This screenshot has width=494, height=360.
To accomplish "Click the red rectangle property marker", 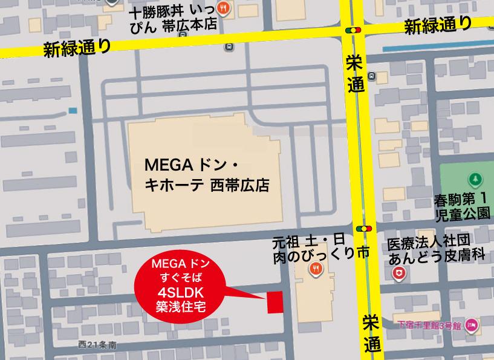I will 275,302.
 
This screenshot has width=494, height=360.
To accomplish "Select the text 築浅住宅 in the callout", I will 178,307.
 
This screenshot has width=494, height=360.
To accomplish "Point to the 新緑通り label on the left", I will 77,47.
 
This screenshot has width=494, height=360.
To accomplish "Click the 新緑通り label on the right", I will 438,25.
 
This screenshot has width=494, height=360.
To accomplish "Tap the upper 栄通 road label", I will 356,73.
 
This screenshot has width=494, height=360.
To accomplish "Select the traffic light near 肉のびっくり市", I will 364,229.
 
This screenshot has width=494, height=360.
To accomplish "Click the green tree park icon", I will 476,180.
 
